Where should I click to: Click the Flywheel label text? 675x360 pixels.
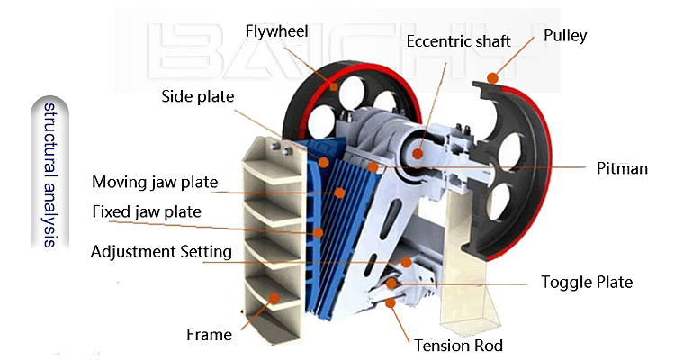[276, 31]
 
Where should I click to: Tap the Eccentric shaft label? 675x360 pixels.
[458, 41]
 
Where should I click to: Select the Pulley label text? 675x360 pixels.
[565, 36]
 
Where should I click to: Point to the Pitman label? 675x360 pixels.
[622, 168]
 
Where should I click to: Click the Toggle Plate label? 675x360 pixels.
[587, 282]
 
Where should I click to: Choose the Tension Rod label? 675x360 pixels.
[458, 346]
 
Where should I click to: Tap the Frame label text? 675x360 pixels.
[209, 335]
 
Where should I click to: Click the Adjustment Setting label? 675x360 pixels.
[161, 251]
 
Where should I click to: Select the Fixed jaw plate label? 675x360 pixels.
[147, 211]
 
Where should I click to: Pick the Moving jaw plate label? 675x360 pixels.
[155, 182]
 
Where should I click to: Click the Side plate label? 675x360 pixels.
[198, 96]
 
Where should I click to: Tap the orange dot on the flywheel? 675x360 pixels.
[334, 86]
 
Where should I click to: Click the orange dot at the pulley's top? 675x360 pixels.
[493, 78]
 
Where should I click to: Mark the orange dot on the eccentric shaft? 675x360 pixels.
[417, 153]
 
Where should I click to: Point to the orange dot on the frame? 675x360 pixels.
[274, 298]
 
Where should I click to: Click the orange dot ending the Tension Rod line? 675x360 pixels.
[390, 302]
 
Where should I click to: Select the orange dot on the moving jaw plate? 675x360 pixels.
[340, 193]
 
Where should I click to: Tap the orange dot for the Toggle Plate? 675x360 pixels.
[391, 283]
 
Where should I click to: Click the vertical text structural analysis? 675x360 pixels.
[49, 175]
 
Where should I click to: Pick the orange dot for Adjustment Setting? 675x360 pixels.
[407, 262]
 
